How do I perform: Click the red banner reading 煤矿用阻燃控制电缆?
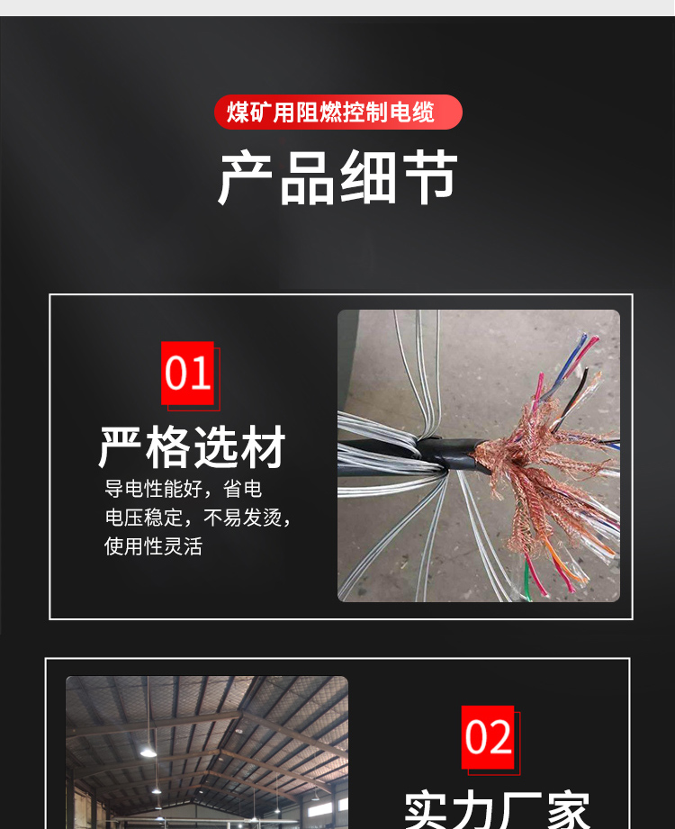click(338, 113)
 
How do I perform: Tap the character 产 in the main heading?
click(246, 177)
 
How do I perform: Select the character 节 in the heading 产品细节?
click(429, 177)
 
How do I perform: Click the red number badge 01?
click(187, 374)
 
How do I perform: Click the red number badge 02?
click(488, 737)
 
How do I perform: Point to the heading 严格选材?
click(192, 447)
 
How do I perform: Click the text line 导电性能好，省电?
click(183, 489)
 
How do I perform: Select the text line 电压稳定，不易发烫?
click(198, 518)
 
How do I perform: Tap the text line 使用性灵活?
click(153, 546)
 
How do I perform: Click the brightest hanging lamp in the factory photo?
click(148, 752)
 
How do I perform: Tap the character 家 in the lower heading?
click(568, 810)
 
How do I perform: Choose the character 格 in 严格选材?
click(168, 447)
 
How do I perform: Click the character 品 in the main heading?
click(307, 177)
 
